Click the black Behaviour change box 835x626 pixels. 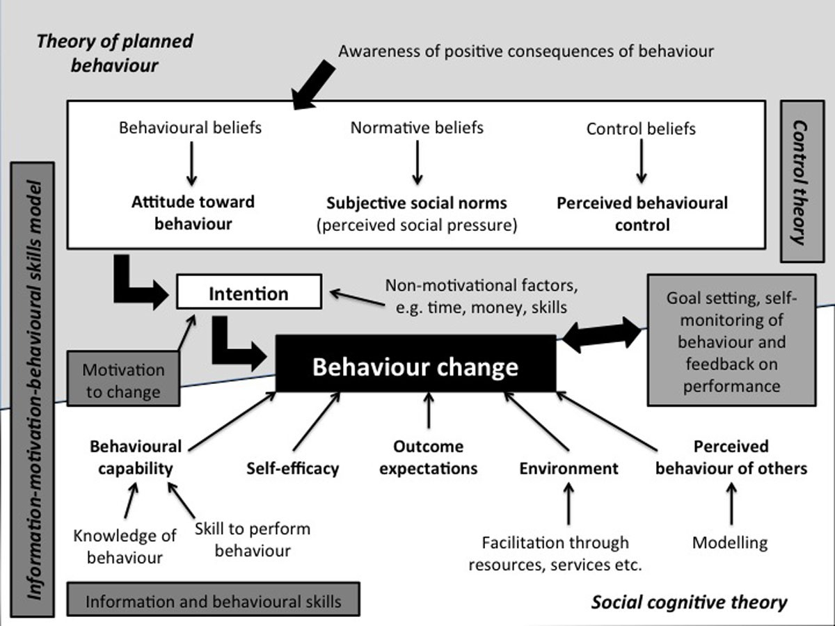click(415, 366)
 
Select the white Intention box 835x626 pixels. click(249, 292)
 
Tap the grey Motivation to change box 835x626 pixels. click(123, 380)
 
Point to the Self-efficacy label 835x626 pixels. click(292, 467)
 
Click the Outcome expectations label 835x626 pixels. click(428, 457)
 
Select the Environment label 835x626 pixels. click(568, 467)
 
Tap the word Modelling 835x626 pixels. click(729, 543)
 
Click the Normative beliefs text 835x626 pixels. click(416, 128)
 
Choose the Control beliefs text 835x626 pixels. click(640, 129)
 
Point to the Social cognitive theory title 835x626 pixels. click(689, 602)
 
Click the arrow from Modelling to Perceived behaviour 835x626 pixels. click(731, 504)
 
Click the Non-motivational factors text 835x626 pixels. click(482, 296)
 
